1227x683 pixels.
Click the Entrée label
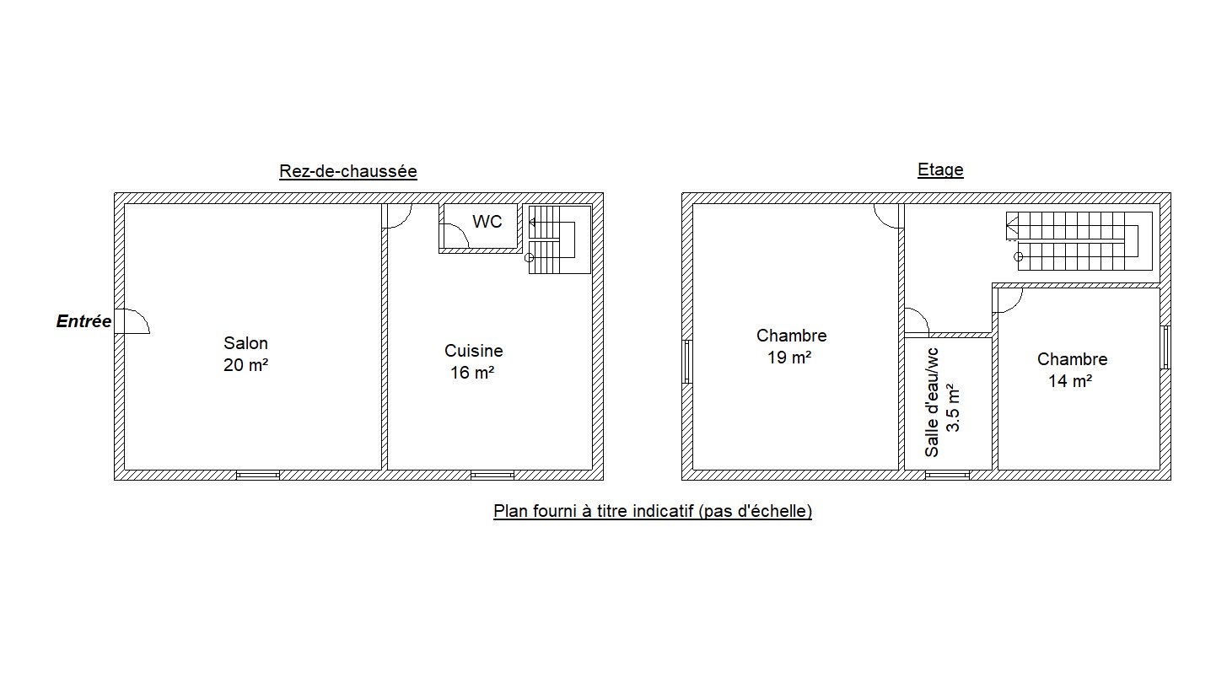pyautogui.click(x=83, y=321)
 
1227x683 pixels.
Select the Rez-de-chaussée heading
pyautogui.click(x=347, y=171)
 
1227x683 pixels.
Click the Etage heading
pyautogui.click(x=940, y=169)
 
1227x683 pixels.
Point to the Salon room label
pyautogui.click(x=245, y=343)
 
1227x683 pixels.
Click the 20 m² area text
pyautogui.click(x=245, y=365)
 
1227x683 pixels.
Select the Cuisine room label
pyautogui.click(x=473, y=351)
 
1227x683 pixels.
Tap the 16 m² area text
pyautogui.click(x=472, y=373)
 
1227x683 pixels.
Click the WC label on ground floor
pyautogui.click(x=487, y=222)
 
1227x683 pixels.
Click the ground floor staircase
pyautogui.click(x=559, y=239)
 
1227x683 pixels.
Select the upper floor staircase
pyautogui.click(x=1079, y=241)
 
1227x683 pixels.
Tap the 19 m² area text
pyautogui.click(x=788, y=358)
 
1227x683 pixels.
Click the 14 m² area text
pyautogui.click(x=1070, y=381)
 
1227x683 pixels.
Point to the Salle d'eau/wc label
pyautogui.click(x=932, y=402)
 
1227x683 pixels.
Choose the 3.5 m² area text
pyautogui.click(x=953, y=408)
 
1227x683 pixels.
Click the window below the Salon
pyautogui.click(x=258, y=475)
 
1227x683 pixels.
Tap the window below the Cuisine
pyautogui.click(x=492, y=475)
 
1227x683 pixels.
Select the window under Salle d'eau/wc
pyautogui.click(x=947, y=475)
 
